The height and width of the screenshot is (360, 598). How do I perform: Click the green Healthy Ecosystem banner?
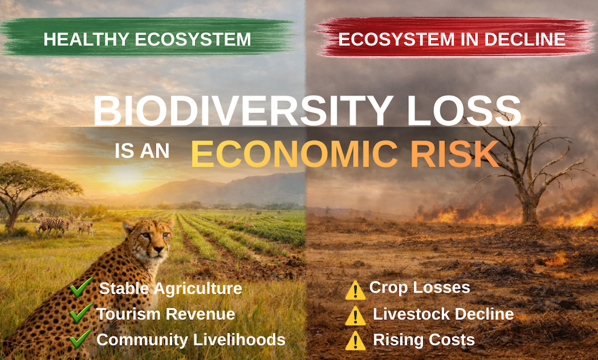tap(147, 40)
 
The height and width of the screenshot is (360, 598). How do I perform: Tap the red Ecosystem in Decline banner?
tap(452, 40)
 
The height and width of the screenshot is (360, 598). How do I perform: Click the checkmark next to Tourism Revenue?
tap(80, 313)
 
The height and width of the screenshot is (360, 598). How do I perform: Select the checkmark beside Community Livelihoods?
tap(80, 338)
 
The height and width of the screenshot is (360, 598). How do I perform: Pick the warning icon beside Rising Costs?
tap(355, 341)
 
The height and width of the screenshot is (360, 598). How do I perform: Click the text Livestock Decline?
tap(443, 314)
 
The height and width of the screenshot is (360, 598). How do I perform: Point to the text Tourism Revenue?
tap(166, 314)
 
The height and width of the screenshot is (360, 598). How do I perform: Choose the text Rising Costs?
tap(424, 340)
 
